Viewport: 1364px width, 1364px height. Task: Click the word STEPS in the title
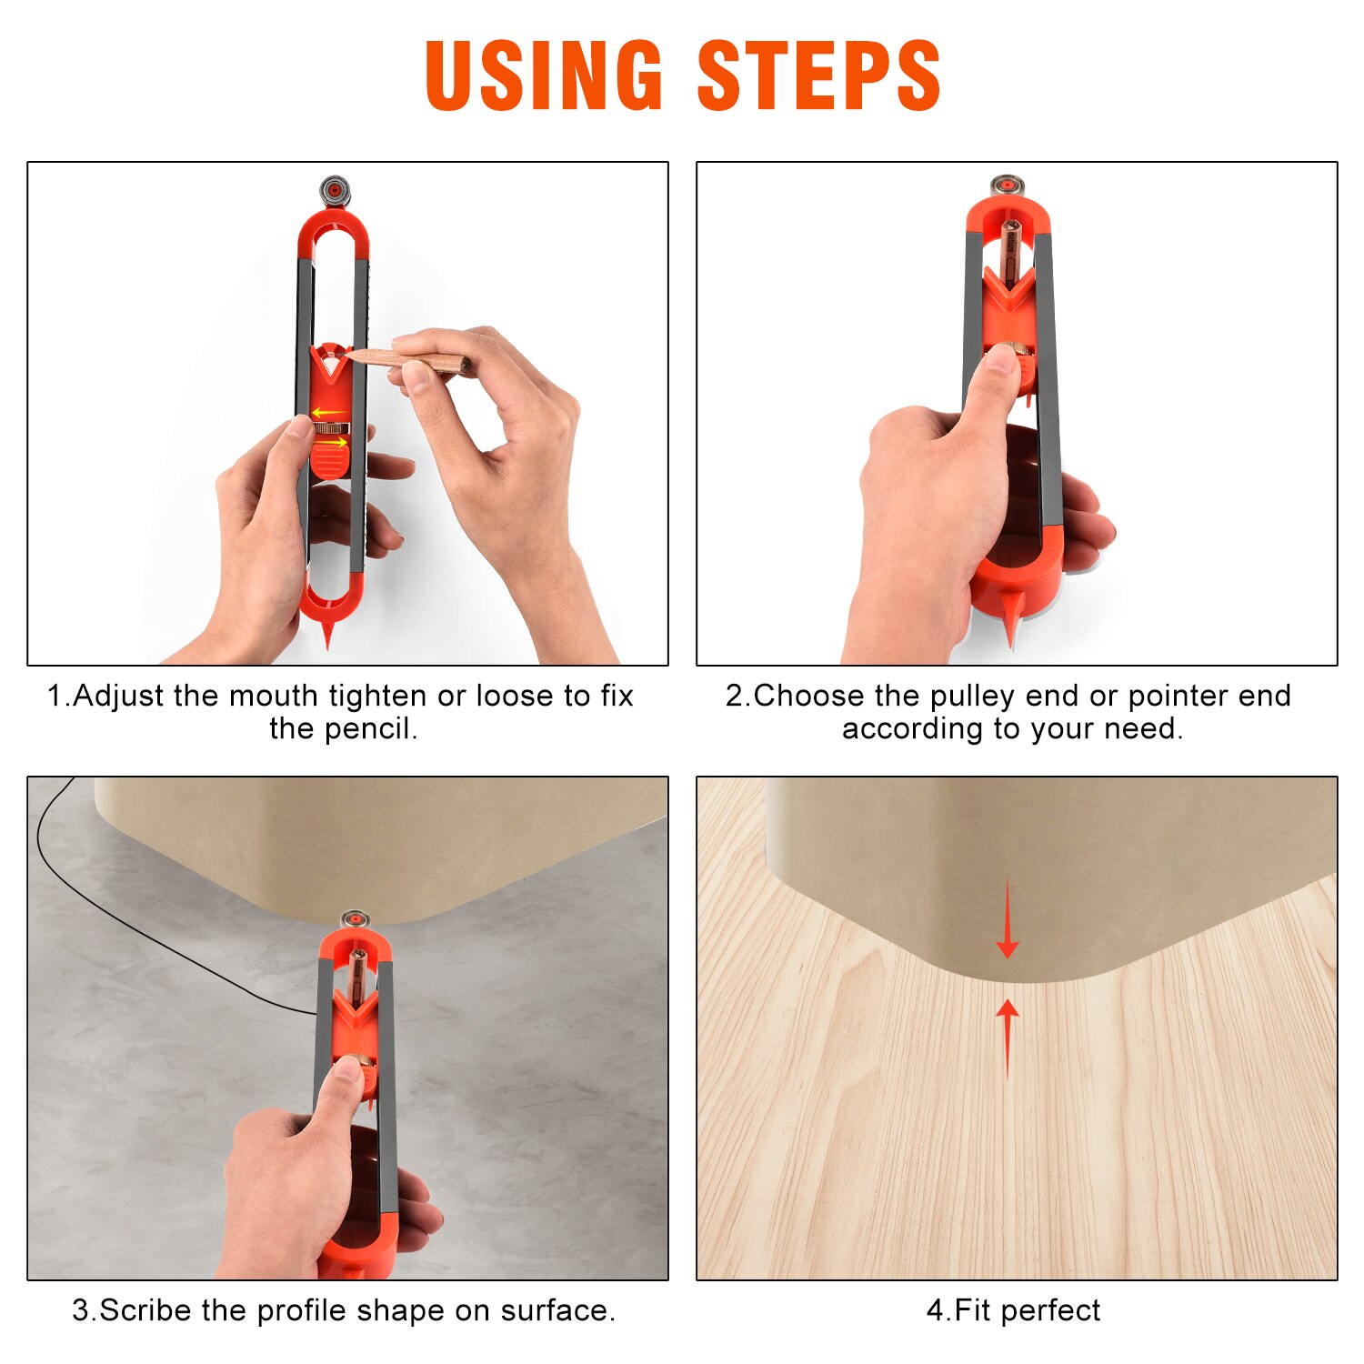(818, 76)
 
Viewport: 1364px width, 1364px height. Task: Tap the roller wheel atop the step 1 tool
(334, 191)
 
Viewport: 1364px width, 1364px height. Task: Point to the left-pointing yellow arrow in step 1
(328, 413)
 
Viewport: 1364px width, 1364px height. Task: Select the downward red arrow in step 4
(1007, 920)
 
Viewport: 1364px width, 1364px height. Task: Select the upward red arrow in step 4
(1007, 1037)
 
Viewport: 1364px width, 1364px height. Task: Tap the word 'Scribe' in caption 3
(145, 1310)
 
